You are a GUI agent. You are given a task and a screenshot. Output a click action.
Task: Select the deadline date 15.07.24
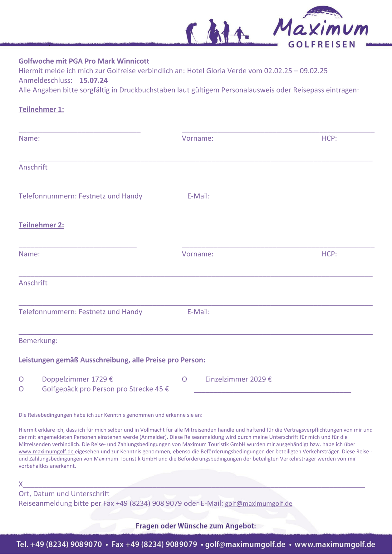(x=94, y=80)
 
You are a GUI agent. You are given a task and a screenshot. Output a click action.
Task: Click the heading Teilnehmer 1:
(x=41, y=109)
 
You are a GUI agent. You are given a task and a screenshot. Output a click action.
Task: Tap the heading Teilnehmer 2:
(x=41, y=225)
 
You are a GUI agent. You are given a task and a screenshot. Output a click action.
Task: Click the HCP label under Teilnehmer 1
(x=329, y=138)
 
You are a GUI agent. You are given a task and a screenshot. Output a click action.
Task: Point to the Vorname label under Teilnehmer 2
(x=198, y=254)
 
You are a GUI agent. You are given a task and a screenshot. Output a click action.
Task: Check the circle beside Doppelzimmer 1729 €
(x=21, y=380)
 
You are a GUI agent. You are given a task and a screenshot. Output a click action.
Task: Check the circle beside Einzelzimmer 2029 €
(x=184, y=380)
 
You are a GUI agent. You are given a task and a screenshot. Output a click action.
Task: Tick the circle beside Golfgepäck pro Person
(x=21, y=389)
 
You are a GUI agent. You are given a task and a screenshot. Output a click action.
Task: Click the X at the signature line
(x=21, y=484)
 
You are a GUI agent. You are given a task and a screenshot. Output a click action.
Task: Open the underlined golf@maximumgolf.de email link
(x=258, y=503)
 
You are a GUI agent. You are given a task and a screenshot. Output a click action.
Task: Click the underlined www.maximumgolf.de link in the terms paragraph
(x=46, y=452)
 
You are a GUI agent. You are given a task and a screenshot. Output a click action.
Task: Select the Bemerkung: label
(x=38, y=341)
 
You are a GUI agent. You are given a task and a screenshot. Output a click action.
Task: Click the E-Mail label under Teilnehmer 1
(x=198, y=196)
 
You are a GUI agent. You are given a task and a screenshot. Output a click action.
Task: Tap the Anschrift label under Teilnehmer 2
(x=33, y=283)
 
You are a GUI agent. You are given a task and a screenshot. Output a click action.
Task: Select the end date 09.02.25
(x=314, y=71)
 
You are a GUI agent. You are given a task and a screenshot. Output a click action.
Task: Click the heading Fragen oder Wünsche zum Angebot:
(x=196, y=526)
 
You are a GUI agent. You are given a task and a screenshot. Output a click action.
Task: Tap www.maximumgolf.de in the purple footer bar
(x=335, y=545)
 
